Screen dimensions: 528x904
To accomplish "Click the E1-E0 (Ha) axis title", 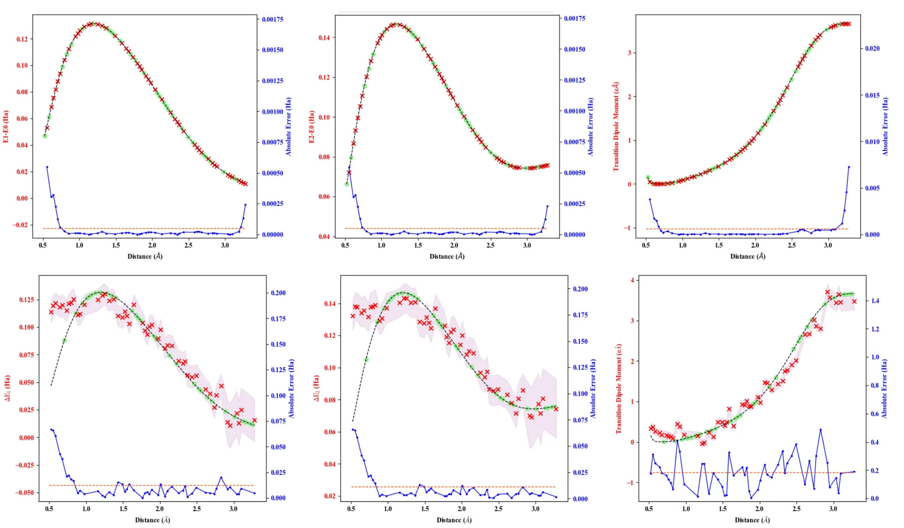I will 6,127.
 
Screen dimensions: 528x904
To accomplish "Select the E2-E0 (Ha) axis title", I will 311,127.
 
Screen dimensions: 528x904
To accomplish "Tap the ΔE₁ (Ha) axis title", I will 7,388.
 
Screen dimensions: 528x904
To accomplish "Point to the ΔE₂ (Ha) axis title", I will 316,388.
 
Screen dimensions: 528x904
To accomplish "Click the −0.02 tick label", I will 20,225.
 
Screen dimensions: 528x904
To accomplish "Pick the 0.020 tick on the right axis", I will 872,49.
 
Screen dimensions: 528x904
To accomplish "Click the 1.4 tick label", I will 875,301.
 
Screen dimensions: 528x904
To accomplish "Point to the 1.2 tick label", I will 875,329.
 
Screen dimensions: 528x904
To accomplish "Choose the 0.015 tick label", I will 872,95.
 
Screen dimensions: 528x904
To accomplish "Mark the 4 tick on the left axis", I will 632,281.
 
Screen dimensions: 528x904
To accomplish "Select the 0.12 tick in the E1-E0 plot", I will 22,40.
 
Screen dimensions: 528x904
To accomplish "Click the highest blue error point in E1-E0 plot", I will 47,167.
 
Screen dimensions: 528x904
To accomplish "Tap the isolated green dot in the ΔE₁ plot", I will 64,341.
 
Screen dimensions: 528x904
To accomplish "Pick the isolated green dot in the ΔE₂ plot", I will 366,360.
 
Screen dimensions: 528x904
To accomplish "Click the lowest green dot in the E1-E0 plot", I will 45,136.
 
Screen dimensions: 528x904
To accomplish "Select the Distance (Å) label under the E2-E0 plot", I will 447,256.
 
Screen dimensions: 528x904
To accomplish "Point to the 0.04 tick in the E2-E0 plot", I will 324,237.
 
